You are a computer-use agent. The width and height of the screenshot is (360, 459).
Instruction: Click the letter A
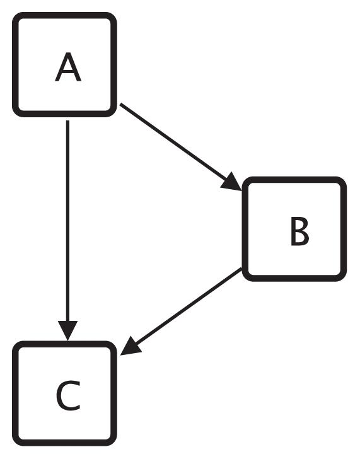point(67,67)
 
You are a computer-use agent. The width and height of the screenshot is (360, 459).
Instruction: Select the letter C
point(67,395)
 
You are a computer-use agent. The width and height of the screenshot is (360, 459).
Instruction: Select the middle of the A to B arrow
point(180,147)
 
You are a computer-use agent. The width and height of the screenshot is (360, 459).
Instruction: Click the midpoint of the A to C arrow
point(67,227)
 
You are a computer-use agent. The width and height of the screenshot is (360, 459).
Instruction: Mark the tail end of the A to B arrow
point(121,105)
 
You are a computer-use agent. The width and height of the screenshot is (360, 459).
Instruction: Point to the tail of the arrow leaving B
point(241,270)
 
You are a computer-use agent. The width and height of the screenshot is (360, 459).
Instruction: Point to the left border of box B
point(245,229)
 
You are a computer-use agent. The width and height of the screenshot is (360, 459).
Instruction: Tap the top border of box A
point(65,16)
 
